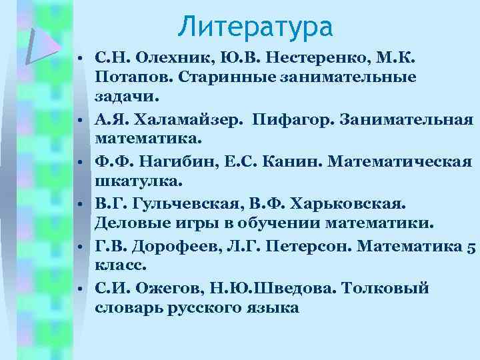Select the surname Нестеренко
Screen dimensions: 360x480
(284, 58)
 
